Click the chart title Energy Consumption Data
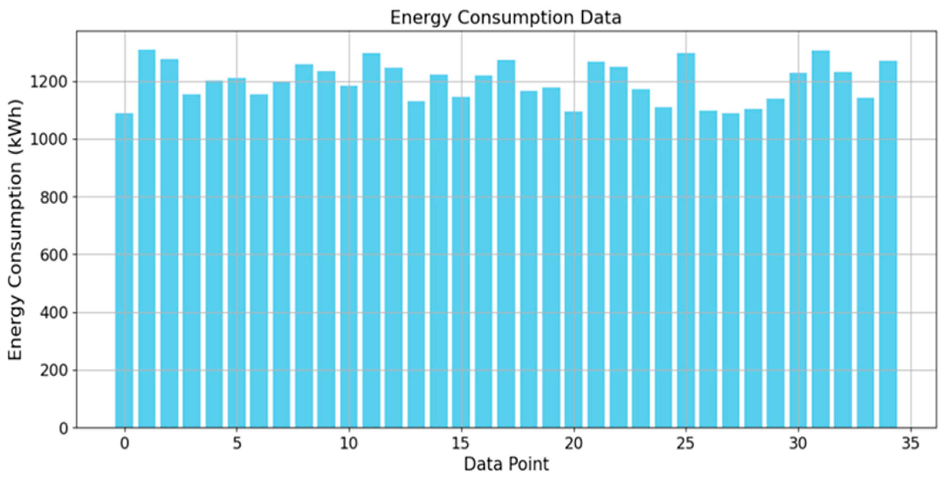505,18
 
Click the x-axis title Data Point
506,464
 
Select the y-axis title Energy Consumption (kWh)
15,230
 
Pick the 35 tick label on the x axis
910,444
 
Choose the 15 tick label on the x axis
460,444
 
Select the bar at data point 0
124,271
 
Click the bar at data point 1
147,238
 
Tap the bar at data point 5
237,253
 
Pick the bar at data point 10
349,257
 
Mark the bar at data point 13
416,264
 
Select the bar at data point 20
573,270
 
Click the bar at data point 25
686,240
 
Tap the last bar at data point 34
888,244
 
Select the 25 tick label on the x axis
685,444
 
